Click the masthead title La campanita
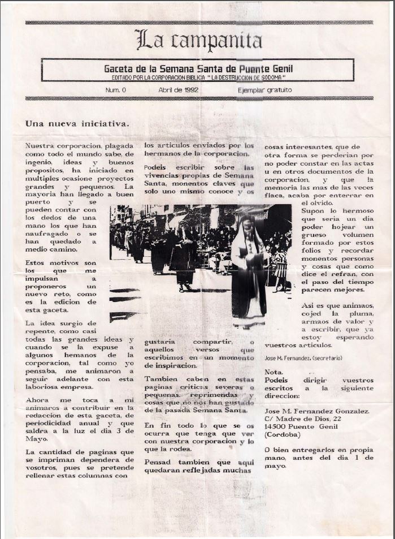(199, 40)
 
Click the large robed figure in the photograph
(249, 271)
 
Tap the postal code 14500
(278, 426)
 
